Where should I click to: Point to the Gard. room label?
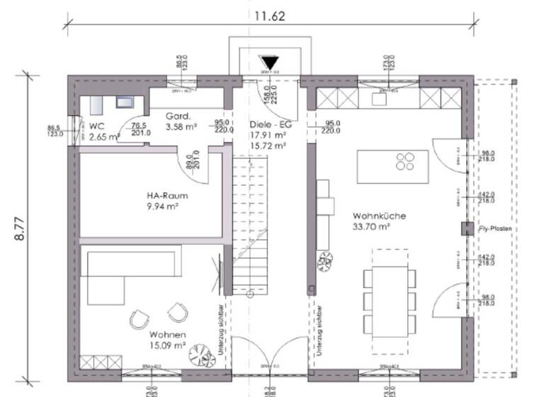pos(176,116)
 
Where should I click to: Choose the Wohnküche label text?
pos(375,216)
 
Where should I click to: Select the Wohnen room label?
pos(167,334)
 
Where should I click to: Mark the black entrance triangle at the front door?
pos(269,63)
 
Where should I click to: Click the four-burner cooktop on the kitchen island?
pos(406,162)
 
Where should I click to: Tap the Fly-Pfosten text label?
pos(495,230)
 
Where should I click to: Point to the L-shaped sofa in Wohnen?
pos(124,273)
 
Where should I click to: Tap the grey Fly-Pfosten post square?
pos(466,228)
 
